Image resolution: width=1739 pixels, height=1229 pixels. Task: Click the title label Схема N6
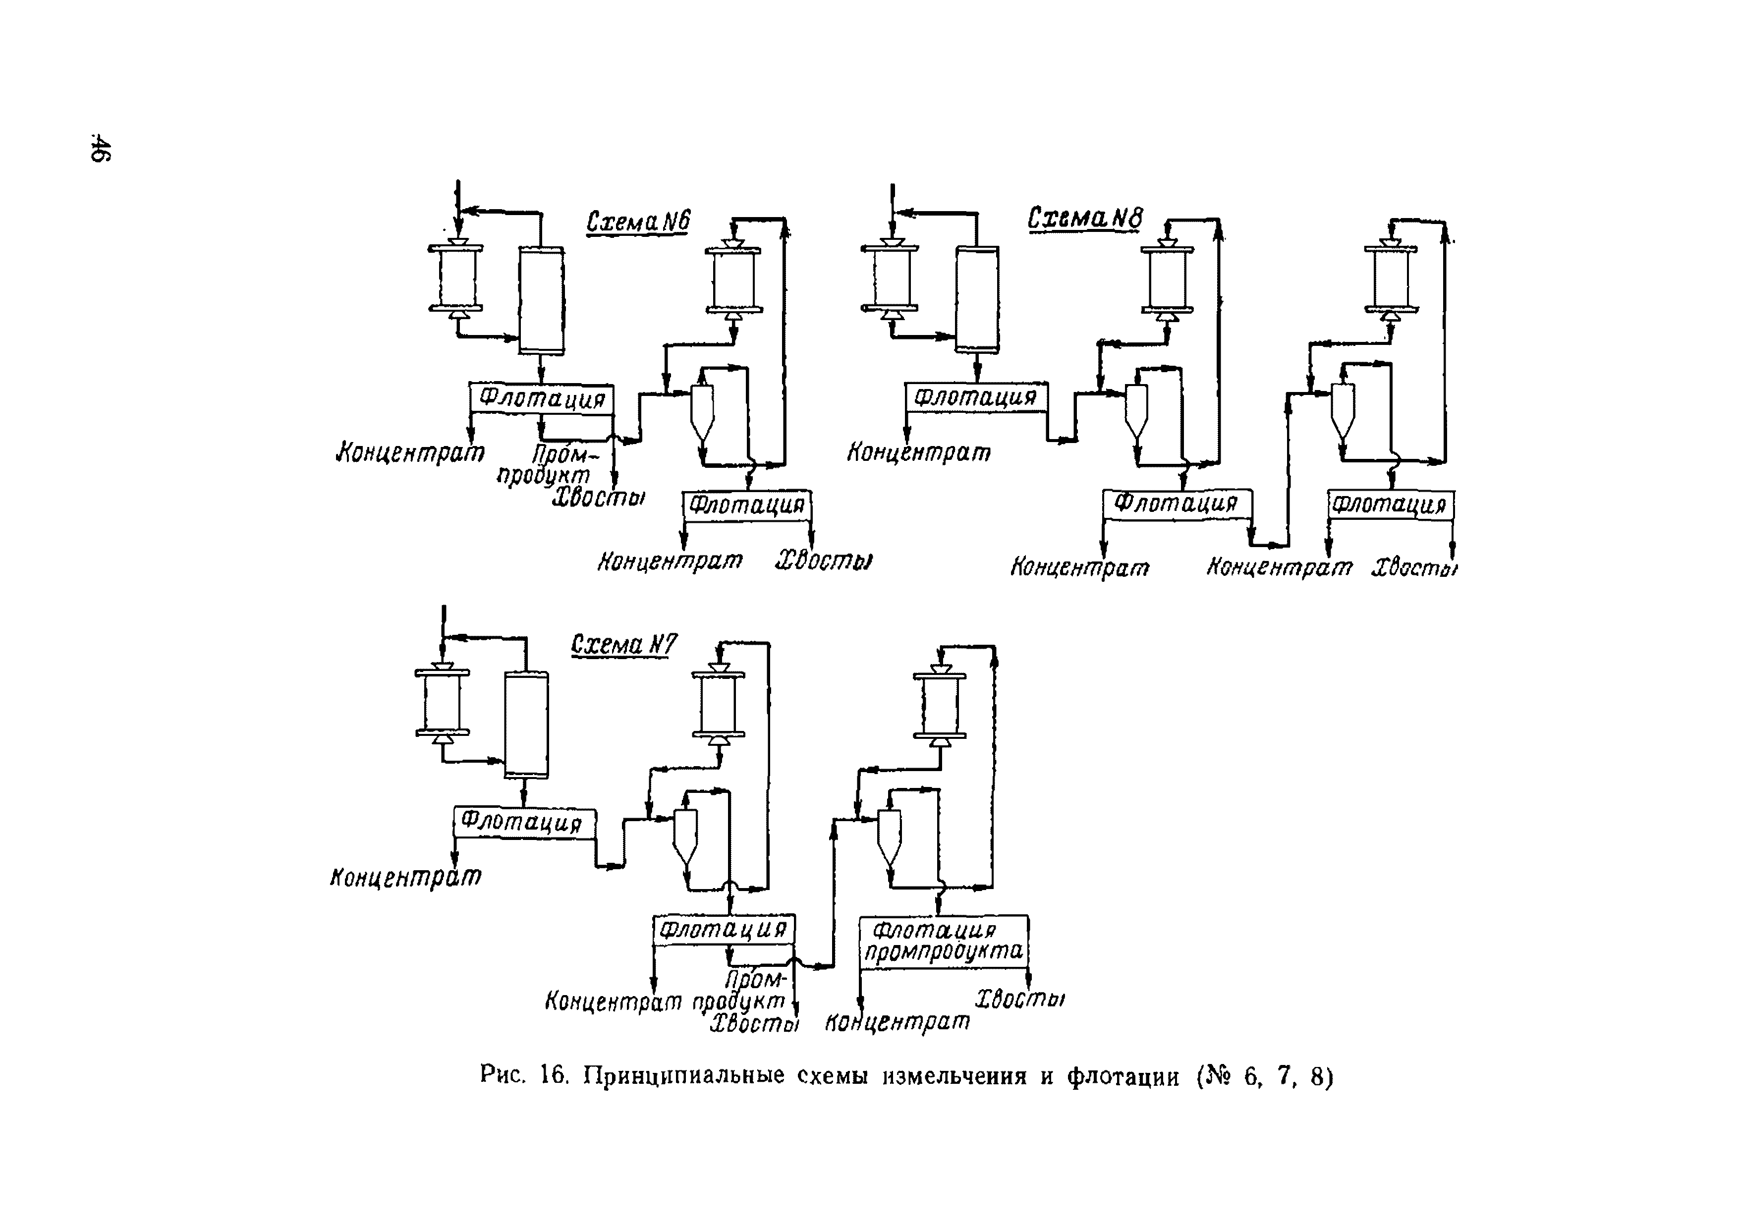coord(638,222)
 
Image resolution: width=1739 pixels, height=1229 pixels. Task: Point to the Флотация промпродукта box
coord(944,941)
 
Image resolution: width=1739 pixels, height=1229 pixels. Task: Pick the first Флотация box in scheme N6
coord(542,398)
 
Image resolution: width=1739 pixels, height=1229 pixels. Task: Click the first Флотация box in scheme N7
coord(524,822)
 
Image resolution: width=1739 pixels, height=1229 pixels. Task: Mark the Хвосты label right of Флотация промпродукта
coord(1019,1000)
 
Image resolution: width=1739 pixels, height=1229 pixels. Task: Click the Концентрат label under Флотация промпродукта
coord(897,1022)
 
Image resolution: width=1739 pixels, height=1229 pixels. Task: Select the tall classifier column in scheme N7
coord(526,725)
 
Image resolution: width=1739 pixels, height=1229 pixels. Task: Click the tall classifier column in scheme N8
coord(976,300)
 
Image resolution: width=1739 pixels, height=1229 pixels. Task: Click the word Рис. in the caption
coord(502,1075)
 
